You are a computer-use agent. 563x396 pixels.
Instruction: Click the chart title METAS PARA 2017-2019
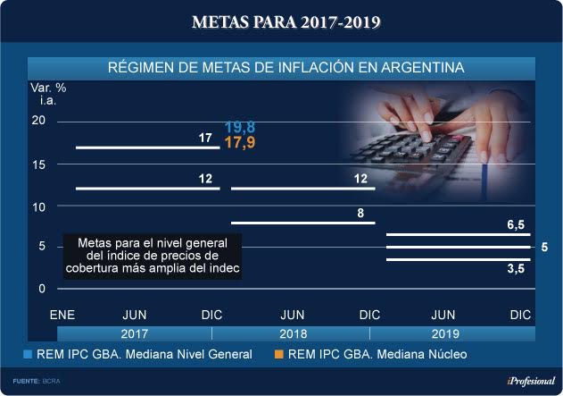[281, 21]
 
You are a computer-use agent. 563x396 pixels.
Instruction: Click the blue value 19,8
[240, 128]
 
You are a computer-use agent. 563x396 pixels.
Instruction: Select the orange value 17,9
[240, 143]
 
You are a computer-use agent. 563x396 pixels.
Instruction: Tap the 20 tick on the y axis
[37, 121]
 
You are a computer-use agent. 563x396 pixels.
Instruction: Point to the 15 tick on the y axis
[37, 164]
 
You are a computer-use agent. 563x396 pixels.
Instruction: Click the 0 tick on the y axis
[41, 289]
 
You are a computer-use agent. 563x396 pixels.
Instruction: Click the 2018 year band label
[294, 333]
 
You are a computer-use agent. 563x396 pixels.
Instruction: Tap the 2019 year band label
[444, 333]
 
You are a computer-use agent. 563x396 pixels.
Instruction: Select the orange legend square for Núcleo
[279, 355]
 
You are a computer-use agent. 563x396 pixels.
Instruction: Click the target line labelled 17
[147, 147]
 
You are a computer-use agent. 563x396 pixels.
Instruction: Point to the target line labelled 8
[302, 223]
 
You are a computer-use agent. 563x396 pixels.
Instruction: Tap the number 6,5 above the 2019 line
[515, 225]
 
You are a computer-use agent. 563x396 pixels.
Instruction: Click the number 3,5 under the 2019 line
[515, 268]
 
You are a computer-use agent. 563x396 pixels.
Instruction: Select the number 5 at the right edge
[543, 247]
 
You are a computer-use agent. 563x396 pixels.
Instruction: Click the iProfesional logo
[524, 381]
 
